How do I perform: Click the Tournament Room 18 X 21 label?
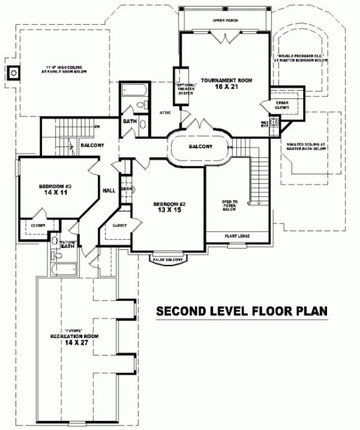[225, 83]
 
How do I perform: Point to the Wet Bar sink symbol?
[273, 121]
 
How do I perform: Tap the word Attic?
[164, 112]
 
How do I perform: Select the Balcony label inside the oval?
[200, 147]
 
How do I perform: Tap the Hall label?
[108, 190]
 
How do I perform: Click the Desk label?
[126, 189]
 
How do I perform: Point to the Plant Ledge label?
[236, 236]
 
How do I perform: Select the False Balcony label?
[166, 259]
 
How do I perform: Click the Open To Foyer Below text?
[229, 205]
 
